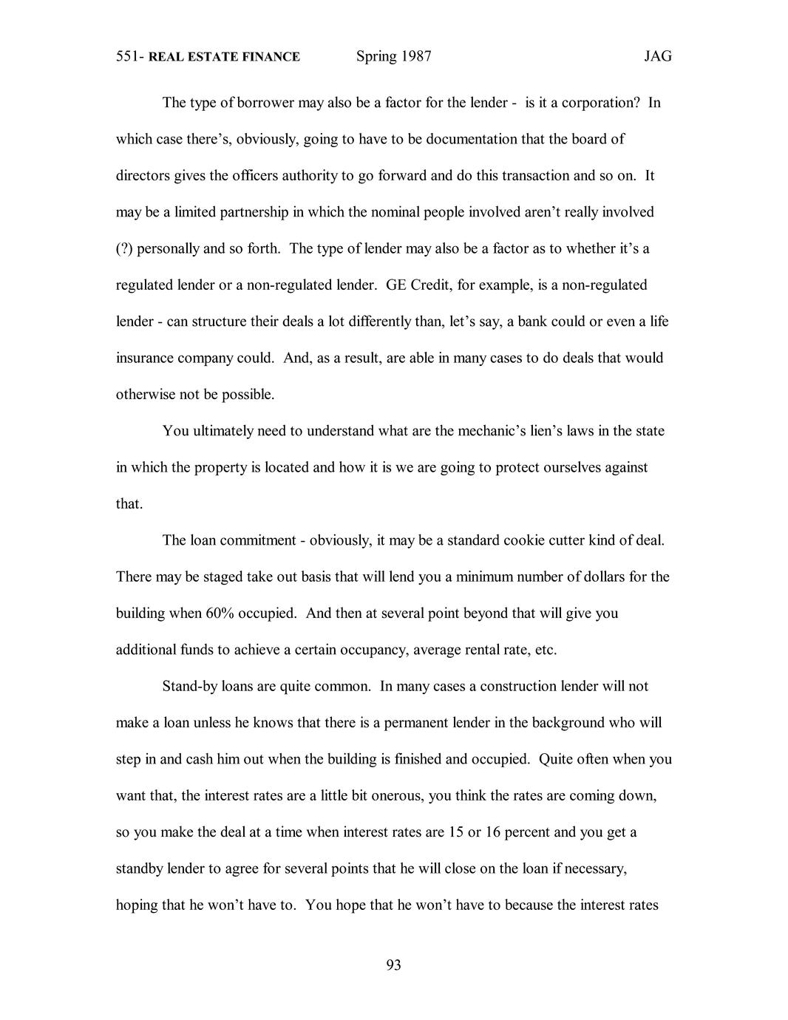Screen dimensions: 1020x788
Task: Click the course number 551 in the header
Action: pyautogui.click(x=129, y=57)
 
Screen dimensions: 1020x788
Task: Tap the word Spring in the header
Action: pyautogui.click(x=376, y=57)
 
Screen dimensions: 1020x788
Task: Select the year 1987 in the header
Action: pyautogui.click(x=415, y=57)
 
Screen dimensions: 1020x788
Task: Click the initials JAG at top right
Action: pyautogui.click(x=657, y=57)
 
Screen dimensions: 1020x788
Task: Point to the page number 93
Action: pyautogui.click(x=393, y=965)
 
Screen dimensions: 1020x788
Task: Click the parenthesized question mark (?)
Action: pyautogui.click(x=124, y=248)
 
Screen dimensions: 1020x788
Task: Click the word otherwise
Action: pyautogui.click(x=144, y=395)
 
